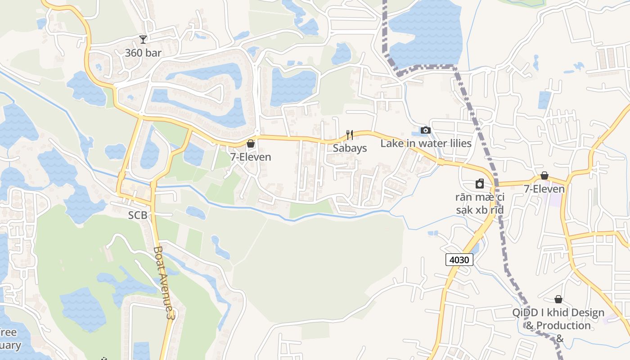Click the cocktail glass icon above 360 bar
pyautogui.click(x=143, y=40)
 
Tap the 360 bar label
pyautogui.click(x=143, y=53)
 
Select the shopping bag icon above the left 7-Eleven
pyautogui.click(x=251, y=144)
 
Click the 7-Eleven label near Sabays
pyautogui.click(x=251, y=157)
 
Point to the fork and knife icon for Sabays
pyautogui.click(x=350, y=135)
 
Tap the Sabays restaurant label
pyautogui.click(x=350, y=148)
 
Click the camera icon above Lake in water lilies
pyautogui.click(x=425, y=130)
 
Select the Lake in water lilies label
pyautogui.click(x=426, y=144)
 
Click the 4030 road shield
pyautogui.click(x=459, y=260)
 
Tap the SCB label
pyautogui.click(x=138, y=216)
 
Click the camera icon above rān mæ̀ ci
pyautogui.click(x=480, y=184)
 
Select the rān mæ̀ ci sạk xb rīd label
pyautogui.click(x=480, y=203)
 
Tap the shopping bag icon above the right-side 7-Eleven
pyautogui.click(x=544, y=175)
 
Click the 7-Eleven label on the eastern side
pyautogui.click(x=544, y=189)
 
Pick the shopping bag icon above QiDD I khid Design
pyautogui.click(x=558, y=299)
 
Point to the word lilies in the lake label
pyautogui.click(x=457, y=144)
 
